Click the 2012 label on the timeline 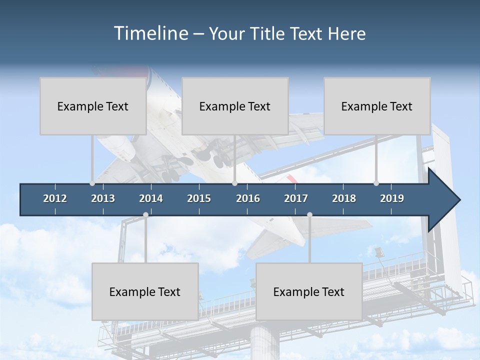[x=55, y=198]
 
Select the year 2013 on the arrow [x=103, y=198]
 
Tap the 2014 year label [x=151, y=198]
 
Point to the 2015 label [x=199, y=198]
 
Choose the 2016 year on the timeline [x=248, y=198]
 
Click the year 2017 [x=296, y=198]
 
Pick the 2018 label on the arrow [x=344, y=198]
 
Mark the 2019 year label [x=392, y=198]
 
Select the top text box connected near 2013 [x=93, y=106]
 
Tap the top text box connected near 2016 [x=235, y=106]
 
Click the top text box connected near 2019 [x=377, y=106]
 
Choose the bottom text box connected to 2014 [x=145, y=291]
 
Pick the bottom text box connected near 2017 [x=309, y=291]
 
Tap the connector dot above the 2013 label [x=92, y=183]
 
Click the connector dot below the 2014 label [x=145, y=215]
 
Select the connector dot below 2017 [x=309, y=215]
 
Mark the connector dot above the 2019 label [x=376, y=183]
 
